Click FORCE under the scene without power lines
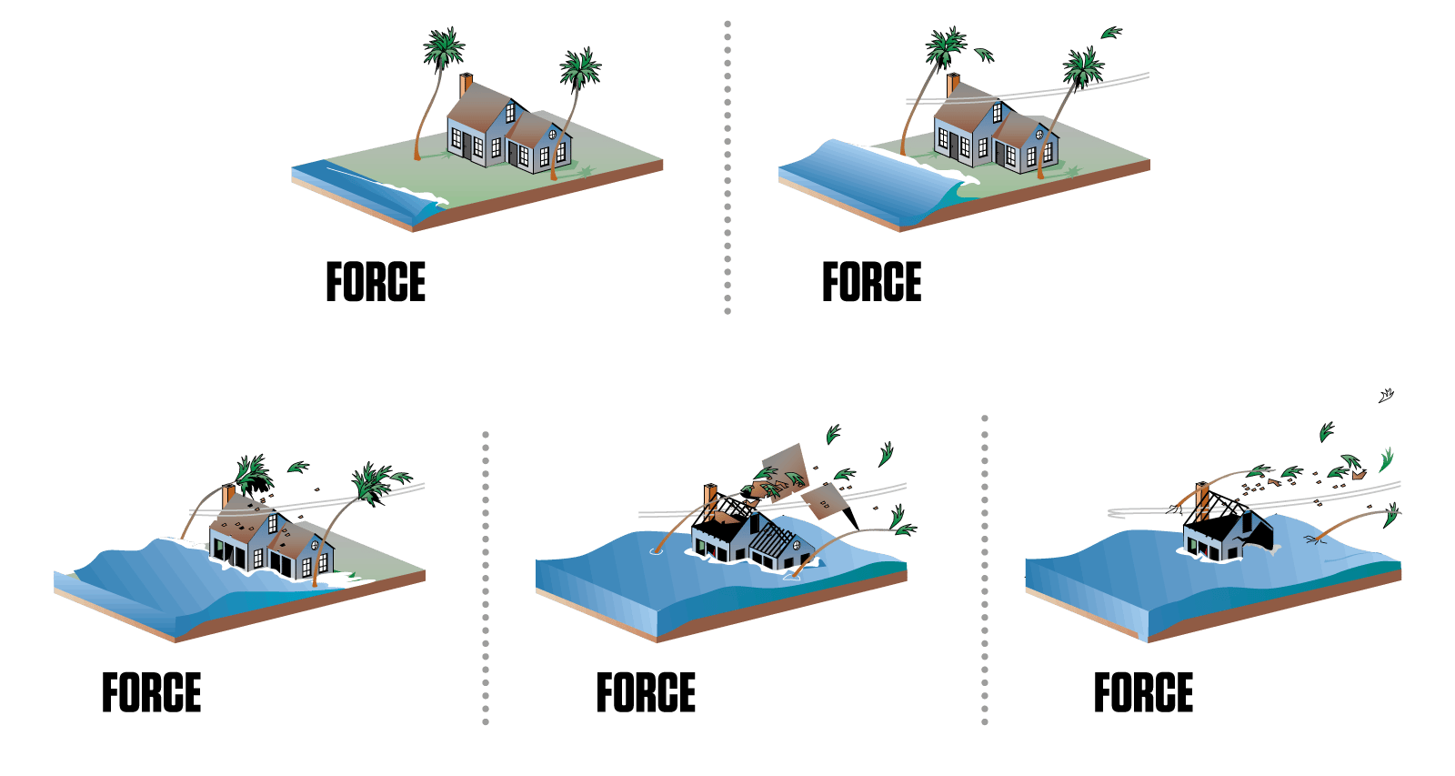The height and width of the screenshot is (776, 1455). (x=376, y=281)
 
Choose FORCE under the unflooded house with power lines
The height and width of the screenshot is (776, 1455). (x=872, y=281)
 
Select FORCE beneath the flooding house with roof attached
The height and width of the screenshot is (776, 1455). (x=151, y=692)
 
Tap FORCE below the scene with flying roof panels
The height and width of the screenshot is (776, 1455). (x=646, y=692)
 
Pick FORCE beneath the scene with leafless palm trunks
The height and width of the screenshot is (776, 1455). (x=1143, y=692)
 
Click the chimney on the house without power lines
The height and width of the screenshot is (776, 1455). (x=466, y=86)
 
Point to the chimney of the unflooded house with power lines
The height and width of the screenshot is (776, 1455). (x=953, y=86)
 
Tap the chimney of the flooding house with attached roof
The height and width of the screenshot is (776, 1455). (x=228, y=496)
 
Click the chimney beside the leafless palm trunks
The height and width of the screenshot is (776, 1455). (x=1203, y=500)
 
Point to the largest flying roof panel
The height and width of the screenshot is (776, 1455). (x=785, y=470)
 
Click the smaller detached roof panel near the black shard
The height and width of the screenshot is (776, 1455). (x=822, y=501)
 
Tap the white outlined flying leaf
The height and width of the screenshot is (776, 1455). (x=1386, y=395)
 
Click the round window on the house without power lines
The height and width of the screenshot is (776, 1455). (x=552, y=135)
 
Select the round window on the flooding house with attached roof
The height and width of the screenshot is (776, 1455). (x=315, y=545)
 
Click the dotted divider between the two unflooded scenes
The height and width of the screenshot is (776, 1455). (x=727, y=167)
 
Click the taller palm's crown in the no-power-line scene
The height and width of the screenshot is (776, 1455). (x=445, y=47)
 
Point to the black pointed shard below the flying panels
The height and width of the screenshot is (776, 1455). (x=850, y=519)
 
